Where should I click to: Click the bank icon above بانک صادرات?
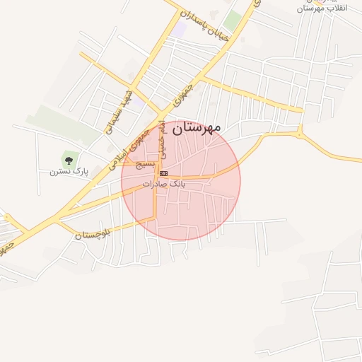(x=163, y=173)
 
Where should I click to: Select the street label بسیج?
(x=144, y=164)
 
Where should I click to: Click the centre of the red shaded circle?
(x=181, y=180)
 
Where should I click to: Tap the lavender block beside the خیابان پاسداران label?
(x=180, y=29)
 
